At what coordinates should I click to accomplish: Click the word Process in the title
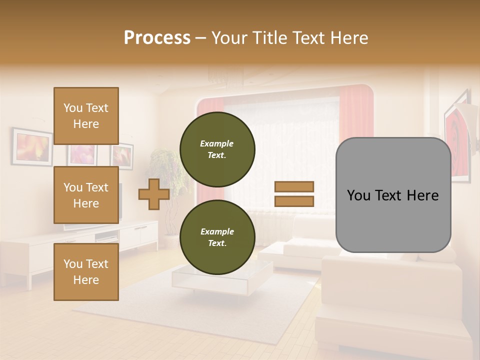157,38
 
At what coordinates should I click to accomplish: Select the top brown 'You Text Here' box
86,116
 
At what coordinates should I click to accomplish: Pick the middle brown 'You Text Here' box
86,195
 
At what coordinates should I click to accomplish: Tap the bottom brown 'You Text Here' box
86,271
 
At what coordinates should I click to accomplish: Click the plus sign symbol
154,194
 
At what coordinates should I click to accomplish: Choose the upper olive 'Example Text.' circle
217,149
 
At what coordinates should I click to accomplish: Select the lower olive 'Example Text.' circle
217,237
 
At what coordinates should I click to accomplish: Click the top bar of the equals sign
294,186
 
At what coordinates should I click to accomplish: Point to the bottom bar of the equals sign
294,201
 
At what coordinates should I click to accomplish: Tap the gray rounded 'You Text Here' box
393,195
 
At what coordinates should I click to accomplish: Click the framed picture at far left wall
32,146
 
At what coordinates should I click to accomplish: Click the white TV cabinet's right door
149,233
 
